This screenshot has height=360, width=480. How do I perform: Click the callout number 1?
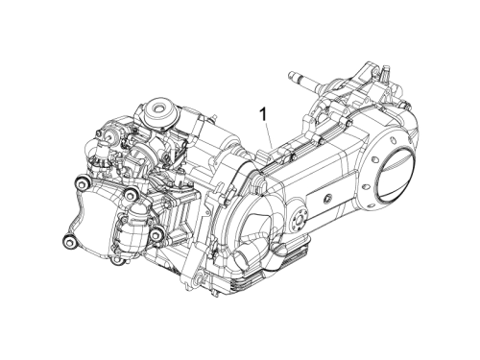click(x=263, y=115)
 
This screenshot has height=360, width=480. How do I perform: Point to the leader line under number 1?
click(x=268, y=135)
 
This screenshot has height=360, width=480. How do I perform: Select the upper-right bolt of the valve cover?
click(x=131, y=194)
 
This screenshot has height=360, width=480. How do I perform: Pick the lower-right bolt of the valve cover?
click(x=156, y=236)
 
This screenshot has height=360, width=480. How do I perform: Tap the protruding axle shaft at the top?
click(x=305, y=80)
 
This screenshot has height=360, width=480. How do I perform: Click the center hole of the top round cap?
click(x=158, y=108)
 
